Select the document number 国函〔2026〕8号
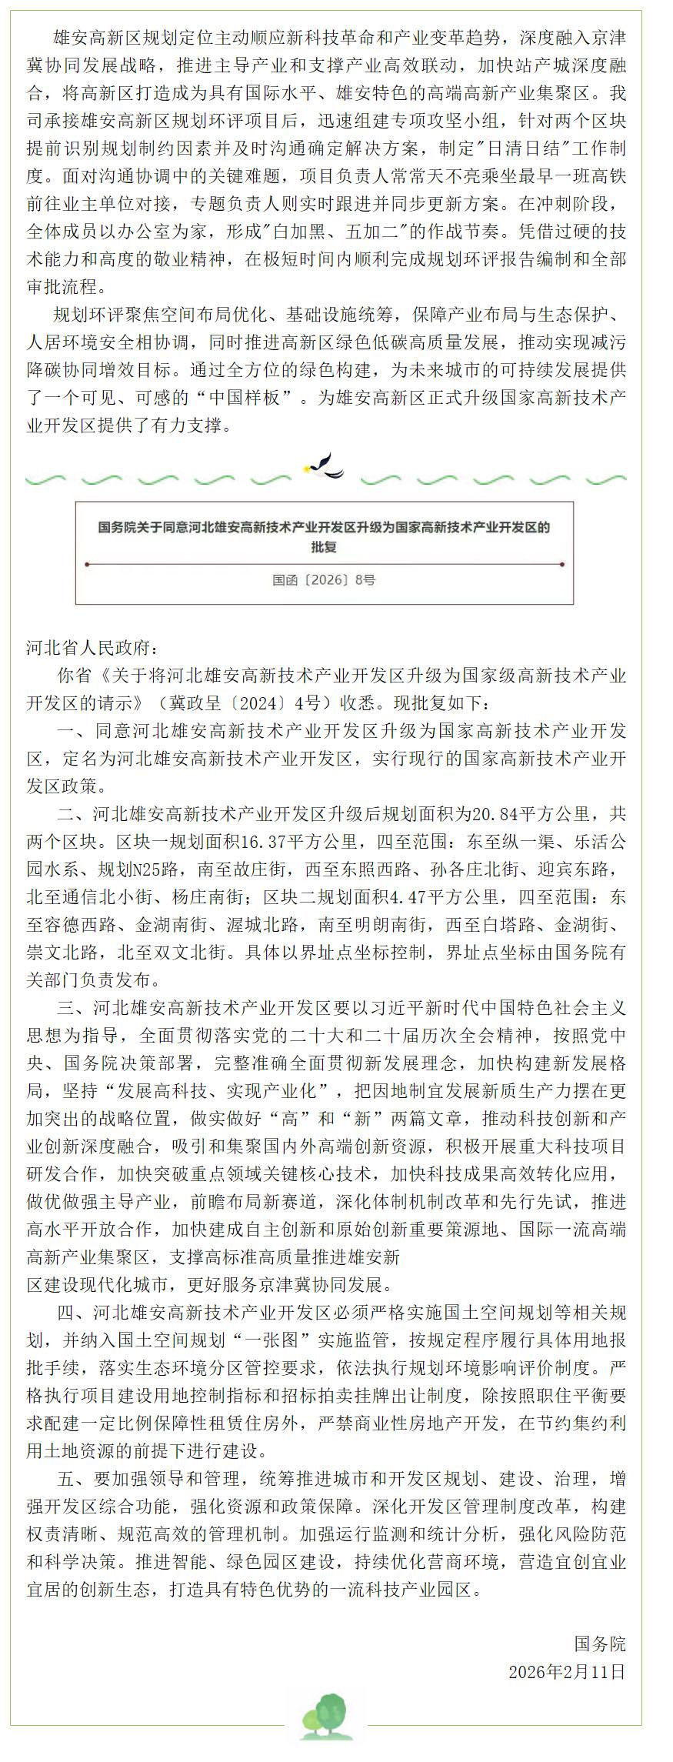(324, 581)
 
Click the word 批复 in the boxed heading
(324, 548)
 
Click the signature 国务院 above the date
(600, 1645)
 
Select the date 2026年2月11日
(567, 1672)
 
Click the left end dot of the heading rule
(88, 565)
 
